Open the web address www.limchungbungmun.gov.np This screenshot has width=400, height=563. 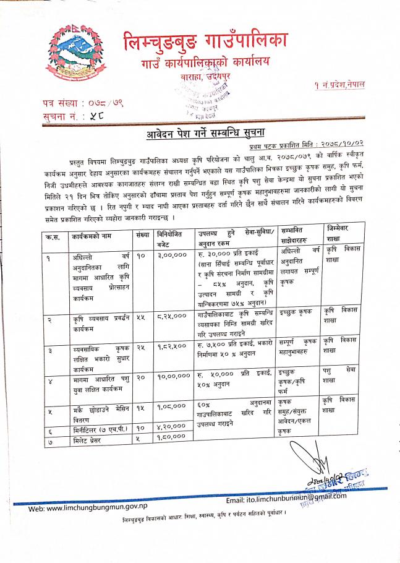(91, 509)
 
